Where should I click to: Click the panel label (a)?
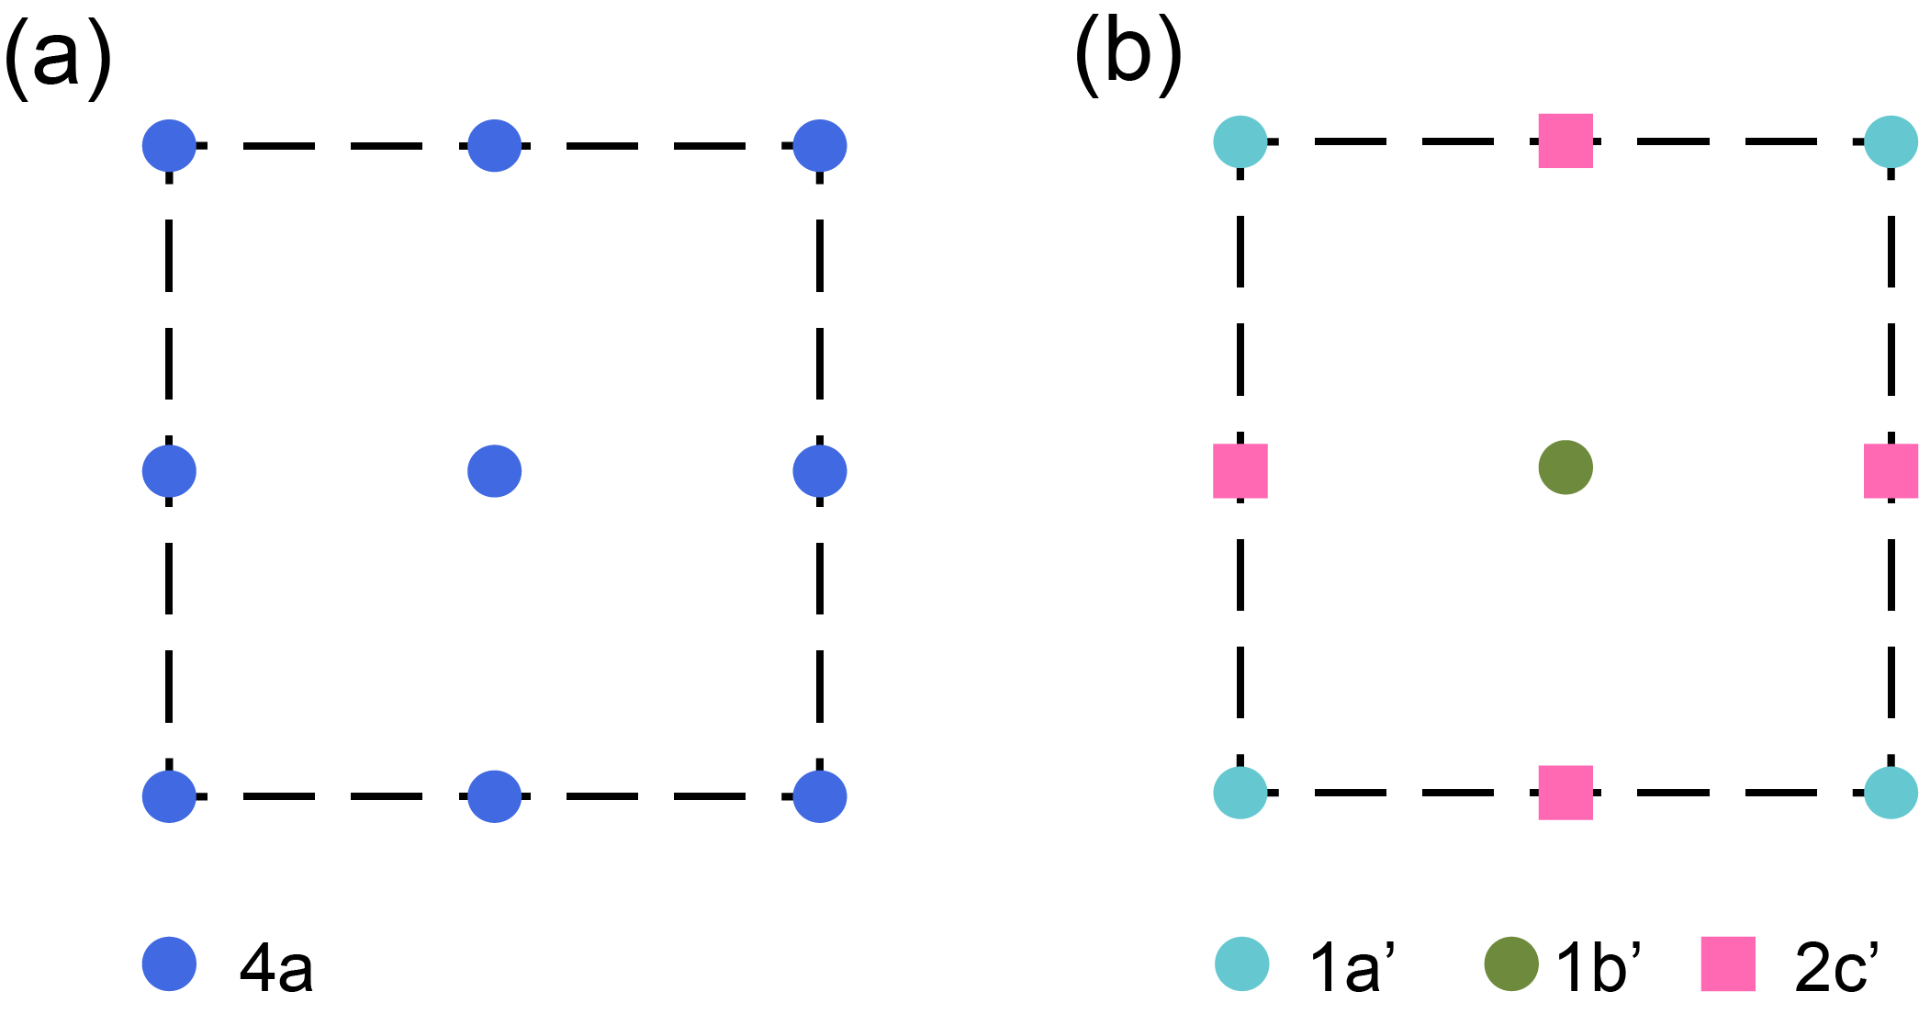[58, 57]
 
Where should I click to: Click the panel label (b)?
[1128, 55]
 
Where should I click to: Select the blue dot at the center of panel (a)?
[495, 471]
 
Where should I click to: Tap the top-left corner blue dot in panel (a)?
[169, 146]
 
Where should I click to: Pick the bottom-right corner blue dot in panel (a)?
[820, 796]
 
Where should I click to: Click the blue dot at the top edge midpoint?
[495, 146]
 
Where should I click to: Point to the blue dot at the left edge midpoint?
[169, 471]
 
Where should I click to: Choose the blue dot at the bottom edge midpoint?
[495, 796]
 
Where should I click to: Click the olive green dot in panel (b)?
[1565, 468]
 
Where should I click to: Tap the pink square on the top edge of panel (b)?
[1565, 141]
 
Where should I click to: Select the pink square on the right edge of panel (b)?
[1891, 471]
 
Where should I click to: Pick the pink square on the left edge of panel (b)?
[1240, 471]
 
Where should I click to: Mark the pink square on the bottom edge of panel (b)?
[1565, 793]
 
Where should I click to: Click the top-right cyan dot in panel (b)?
[1891, 142]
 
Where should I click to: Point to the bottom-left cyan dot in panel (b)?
[1240, 792]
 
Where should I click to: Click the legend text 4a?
[276, 967]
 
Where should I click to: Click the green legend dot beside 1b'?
[1511, 964]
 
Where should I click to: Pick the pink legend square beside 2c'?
[1728, 964]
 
